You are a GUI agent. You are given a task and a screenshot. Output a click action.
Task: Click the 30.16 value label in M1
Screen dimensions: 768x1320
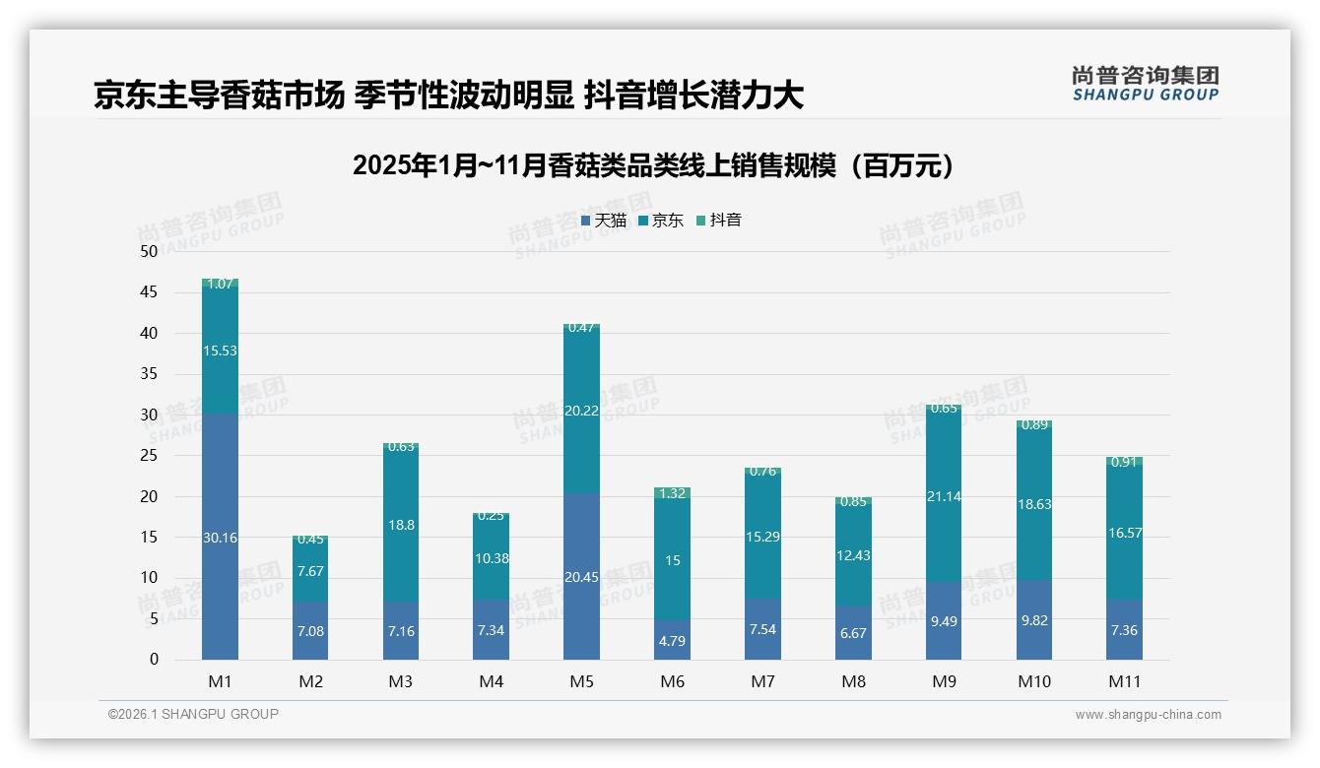221,538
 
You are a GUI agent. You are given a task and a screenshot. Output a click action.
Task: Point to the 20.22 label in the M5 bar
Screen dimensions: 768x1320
581,411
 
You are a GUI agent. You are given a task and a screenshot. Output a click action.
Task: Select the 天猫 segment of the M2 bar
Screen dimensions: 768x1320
310,630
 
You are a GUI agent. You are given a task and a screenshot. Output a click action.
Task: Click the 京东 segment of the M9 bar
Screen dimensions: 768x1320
944,496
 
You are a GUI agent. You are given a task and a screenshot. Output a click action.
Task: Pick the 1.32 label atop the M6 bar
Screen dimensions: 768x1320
672,493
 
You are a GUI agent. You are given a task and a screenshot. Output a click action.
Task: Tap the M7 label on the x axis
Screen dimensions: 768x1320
762,681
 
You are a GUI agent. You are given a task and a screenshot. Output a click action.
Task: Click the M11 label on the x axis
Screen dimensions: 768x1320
1124,681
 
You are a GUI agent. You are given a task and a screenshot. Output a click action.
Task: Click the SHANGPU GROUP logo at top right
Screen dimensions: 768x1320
1145,84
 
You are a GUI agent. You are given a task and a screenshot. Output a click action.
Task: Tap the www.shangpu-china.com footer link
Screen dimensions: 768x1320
1148,715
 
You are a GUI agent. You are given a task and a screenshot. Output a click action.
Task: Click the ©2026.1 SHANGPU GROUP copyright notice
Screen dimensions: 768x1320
193,714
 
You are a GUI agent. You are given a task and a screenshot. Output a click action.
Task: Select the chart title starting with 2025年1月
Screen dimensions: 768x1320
653,165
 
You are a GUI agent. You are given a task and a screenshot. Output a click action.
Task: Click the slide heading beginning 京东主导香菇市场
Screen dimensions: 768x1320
448,95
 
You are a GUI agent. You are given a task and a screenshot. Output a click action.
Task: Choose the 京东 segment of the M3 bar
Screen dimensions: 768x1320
401,526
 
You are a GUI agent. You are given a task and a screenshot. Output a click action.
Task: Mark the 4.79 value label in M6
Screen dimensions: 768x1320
672,641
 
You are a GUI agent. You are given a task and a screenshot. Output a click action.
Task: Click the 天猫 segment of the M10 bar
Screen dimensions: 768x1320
1033,620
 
